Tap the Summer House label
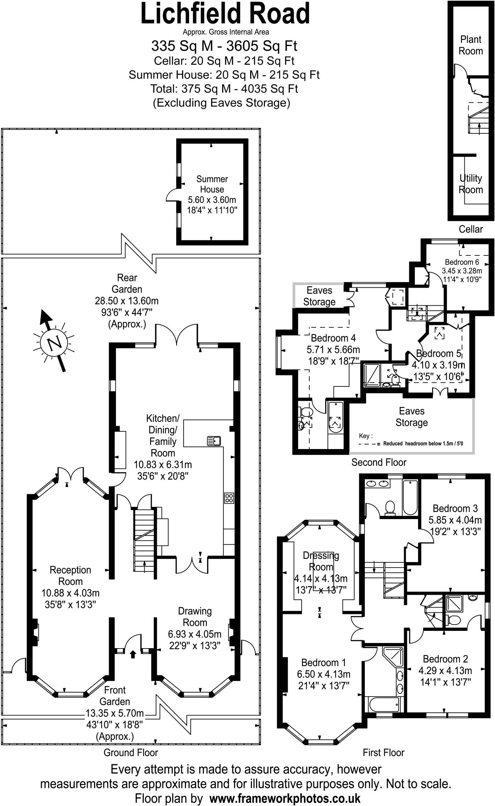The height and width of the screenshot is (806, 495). (x=212, y=184)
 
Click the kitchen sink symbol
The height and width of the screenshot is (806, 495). (x=214, y=441)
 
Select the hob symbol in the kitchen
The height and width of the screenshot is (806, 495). (x=229, y=498)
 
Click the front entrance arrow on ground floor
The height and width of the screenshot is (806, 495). (x=133, y=654)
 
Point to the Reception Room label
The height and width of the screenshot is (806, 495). (x=70, y=575)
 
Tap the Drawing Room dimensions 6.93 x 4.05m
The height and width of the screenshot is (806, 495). (x=195, y=634)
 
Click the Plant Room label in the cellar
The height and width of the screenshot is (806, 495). (x=471, y=45)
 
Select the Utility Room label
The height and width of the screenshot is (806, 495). (x=471, y=184)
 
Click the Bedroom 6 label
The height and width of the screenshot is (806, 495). (x=462, y=262)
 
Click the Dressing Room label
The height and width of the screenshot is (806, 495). (x=321, y=561)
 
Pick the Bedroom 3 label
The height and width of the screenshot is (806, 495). (x=455, y=508)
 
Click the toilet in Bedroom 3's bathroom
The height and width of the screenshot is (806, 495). (x=390, y=507)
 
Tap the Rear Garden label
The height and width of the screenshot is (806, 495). (x=127, y=283)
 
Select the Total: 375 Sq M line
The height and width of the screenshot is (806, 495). (x=224, y=89)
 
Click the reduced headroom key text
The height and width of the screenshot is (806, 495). (x=423, y=444)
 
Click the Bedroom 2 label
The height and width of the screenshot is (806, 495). (x=445, y=659)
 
